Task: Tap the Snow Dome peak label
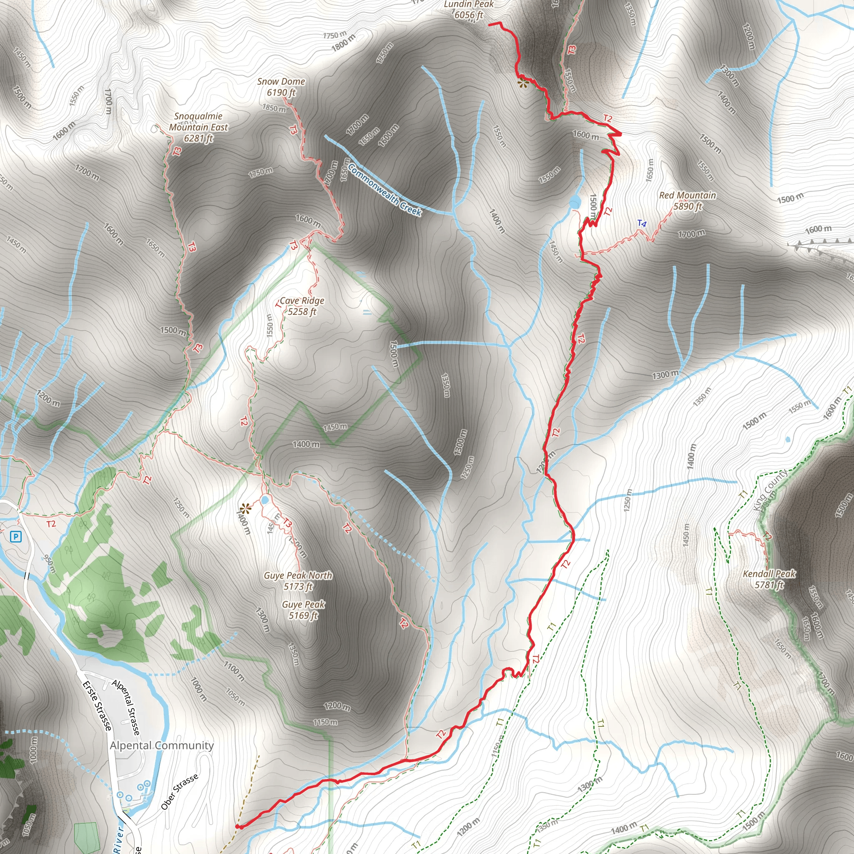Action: pos(281,87)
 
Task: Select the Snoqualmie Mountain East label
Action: pos(198,127)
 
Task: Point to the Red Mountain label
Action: pos(687,201)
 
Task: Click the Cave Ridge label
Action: pos(302,306)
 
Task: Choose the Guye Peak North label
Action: pos(298,581)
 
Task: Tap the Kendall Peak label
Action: pos(769,579)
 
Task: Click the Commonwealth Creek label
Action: pos(384,190)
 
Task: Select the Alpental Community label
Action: pos(162,745)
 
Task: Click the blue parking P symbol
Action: pos(16,537)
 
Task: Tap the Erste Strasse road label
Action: pos(97,706)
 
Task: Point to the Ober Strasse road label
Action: pos(179,792)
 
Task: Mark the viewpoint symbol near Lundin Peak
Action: pos(523,83)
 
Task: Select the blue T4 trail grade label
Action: pos(642,224)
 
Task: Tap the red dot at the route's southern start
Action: pos(237,826)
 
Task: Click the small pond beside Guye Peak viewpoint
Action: pos(265,500)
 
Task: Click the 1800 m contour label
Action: pos(344,43)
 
